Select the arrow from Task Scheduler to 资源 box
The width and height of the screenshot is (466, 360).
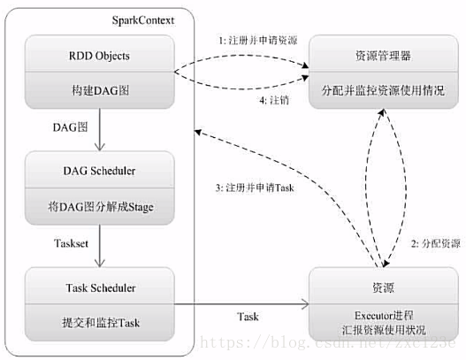(239, 305)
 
